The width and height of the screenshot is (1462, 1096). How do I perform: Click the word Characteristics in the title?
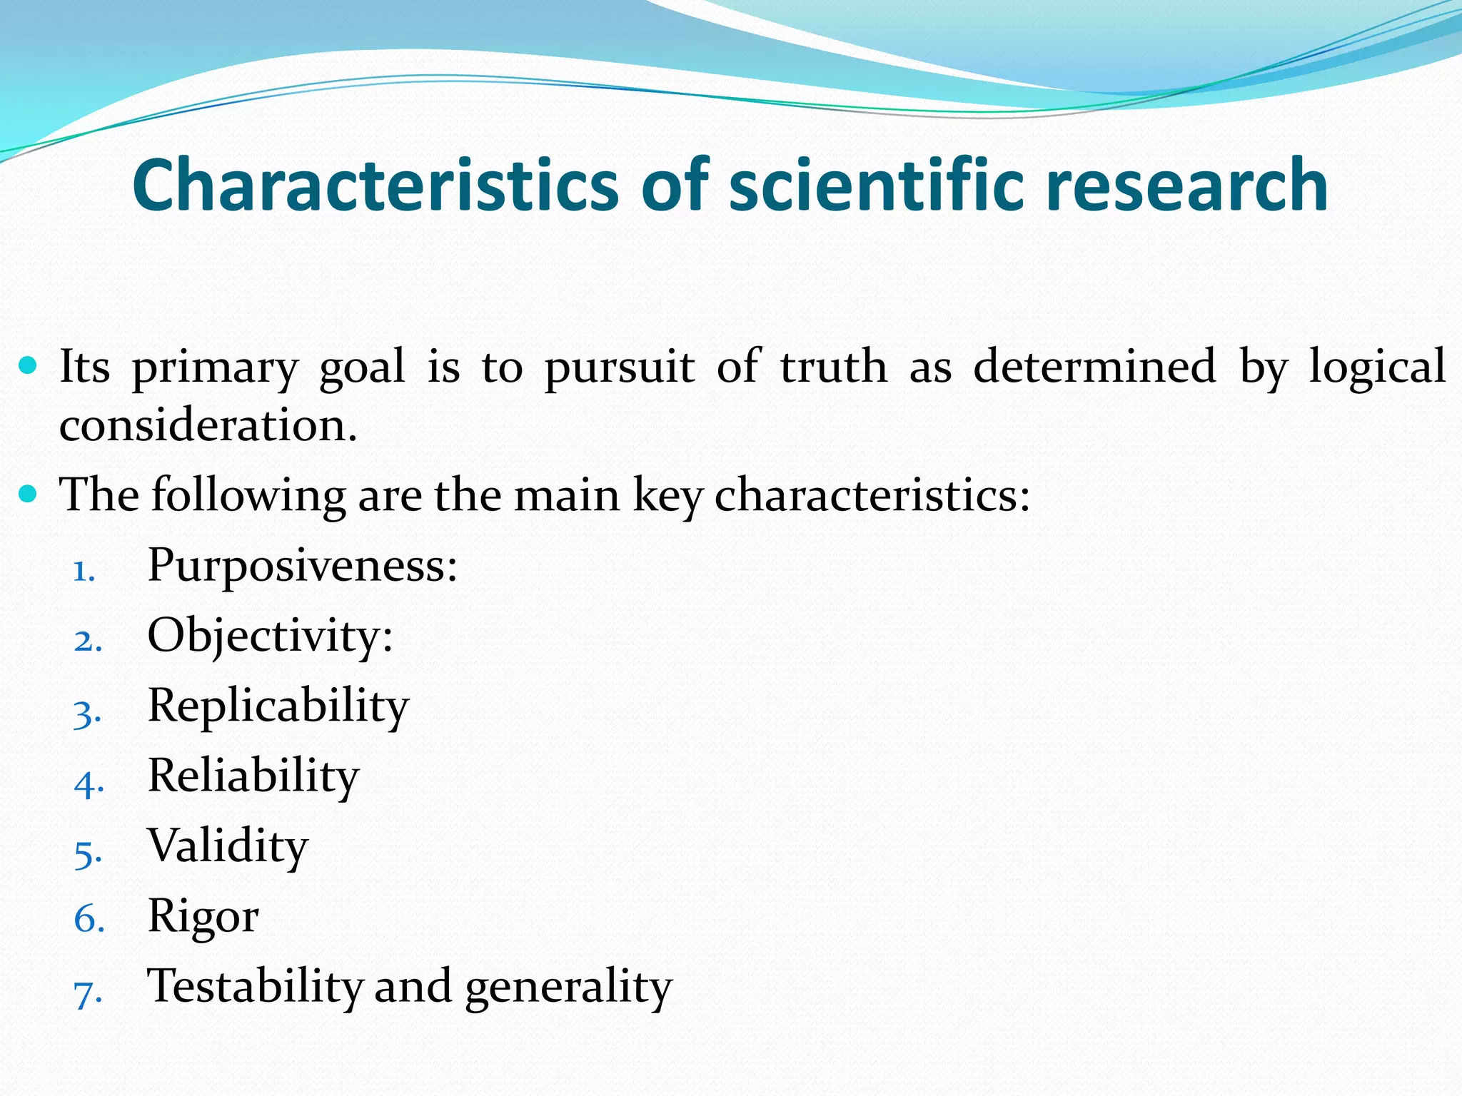375,186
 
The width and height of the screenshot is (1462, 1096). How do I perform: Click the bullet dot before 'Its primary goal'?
28,367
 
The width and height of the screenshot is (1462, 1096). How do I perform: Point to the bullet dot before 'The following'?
28,494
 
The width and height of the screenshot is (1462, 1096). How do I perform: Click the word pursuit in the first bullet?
620,367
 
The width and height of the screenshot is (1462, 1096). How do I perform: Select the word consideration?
207,426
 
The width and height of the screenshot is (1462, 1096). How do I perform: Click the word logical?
1377,367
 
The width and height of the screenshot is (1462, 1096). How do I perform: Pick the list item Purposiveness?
301,566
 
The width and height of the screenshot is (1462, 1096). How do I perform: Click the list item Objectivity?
269,636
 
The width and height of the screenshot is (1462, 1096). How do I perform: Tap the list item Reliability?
253,776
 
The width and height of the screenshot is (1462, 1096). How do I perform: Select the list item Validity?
227,846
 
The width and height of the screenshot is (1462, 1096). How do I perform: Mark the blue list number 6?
89,919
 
